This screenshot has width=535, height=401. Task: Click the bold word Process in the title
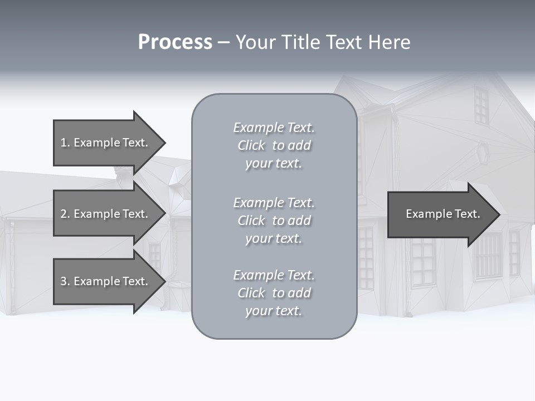175,42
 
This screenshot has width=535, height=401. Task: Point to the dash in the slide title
223,43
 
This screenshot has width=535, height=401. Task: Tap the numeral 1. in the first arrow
65,143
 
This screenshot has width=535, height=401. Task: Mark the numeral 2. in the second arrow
65,214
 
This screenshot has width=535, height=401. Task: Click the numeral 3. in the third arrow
65,281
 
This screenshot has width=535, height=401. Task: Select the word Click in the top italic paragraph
251,145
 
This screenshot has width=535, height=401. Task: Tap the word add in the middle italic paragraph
299,221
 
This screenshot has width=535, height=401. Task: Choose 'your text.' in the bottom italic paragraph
274,311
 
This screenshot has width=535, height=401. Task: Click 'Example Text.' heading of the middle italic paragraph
274,203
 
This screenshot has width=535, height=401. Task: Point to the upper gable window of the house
481,105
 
